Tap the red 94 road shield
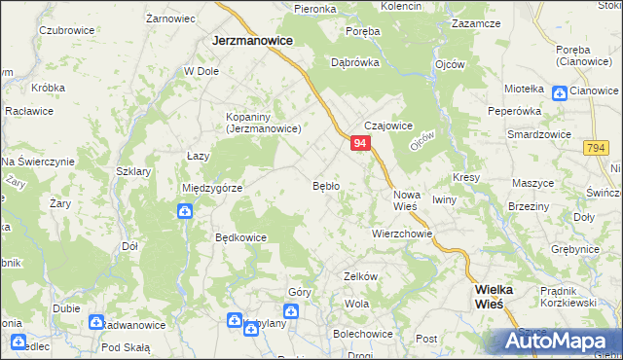point(360,143)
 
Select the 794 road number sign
point(597,147)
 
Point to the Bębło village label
point(325,185)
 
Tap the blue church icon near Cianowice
point(559,92)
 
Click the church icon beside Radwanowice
point(96,321)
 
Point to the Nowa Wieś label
point(405,200)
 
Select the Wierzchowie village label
point(401,234)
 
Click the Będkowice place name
point(240,236)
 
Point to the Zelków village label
point(360,276)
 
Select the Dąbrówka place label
point(354,61)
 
